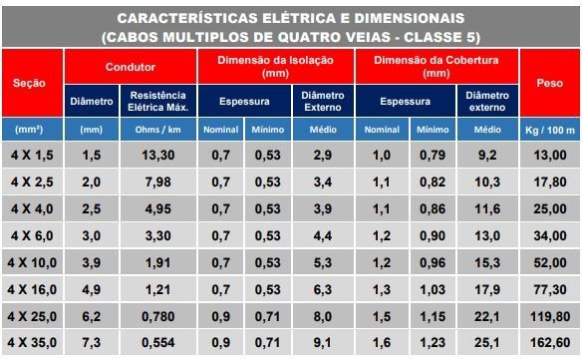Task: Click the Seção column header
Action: [29, 83]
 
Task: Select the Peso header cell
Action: [549, 83]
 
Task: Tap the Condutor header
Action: [131, 67]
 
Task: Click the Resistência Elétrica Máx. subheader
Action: [158, 101]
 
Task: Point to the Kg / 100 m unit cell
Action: [550, 130]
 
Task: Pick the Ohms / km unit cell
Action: [158, 130]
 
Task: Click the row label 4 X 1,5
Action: [32, 155]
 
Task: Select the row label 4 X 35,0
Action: [32, 342]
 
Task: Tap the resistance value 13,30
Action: [158, 155]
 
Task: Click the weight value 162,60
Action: [550, 342]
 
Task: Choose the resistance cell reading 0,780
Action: [158, 316]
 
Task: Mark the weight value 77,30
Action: [550, 289]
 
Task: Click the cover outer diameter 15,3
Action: [487, 262]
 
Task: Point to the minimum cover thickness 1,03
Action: [433, 289]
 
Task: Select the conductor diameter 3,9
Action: [92, 262]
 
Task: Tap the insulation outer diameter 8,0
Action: [323, 316]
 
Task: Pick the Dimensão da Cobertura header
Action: [437, 67]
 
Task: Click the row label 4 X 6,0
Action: [32, 235]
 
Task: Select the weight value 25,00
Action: [550, 208]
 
